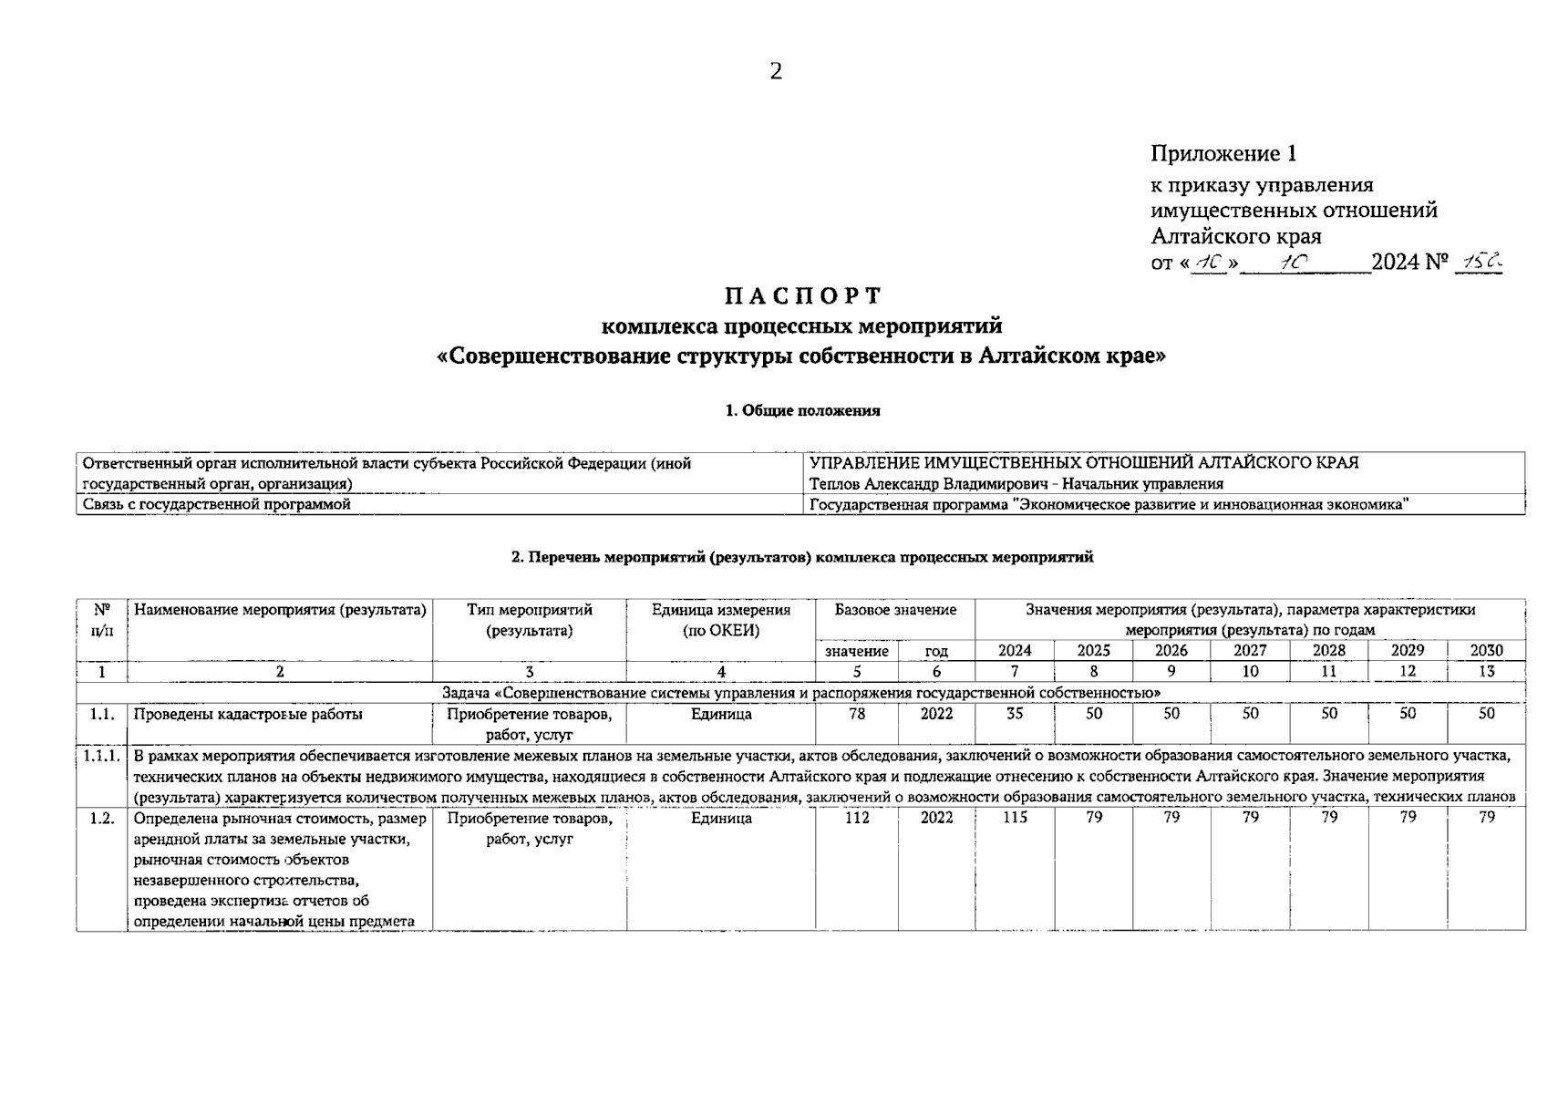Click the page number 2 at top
tap(775, 71)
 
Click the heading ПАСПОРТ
tap(803, 296)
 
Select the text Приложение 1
tap(1223, 153)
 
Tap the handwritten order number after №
tap(1478, 263)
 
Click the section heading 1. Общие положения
tap(802, 411)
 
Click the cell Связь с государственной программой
tap(217, 504)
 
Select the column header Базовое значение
tap(895, 610)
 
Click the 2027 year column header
tap(1250, 651)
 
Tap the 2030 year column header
tap(1486, 651)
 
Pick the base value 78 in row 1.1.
tap(857, 714)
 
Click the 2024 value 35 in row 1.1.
tap(1015, 714)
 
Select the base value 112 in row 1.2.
tap(857, 818)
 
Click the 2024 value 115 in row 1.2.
tap(1015, 818)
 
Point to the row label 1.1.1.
tap(101, 756)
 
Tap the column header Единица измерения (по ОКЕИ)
tap(720, 620)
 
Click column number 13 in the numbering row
tap(1486, 672)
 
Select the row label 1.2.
tap(101, 818)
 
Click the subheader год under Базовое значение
tap(936, 651)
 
